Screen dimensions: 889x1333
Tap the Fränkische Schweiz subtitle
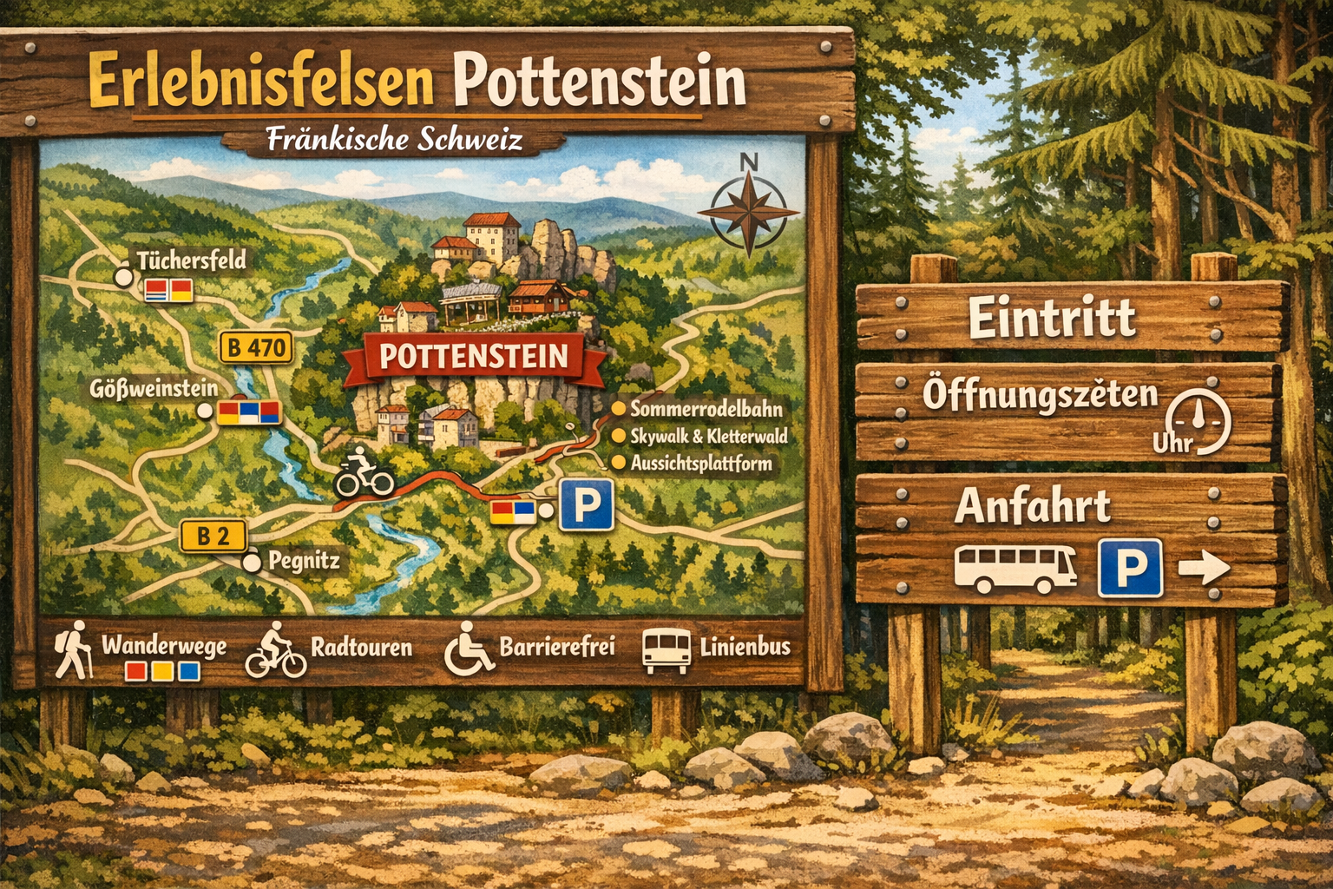click(395, 139)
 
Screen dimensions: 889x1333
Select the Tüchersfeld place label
click(191, 260)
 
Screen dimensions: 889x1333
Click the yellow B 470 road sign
click(255, 348)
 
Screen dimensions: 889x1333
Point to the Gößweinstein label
click(154, 388)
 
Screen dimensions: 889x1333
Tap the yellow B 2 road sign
click(213, 536)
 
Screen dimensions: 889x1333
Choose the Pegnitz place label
click(303, 561)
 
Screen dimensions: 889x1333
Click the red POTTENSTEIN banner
click(474, 357)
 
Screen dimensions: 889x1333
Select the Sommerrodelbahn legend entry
click(706, 409)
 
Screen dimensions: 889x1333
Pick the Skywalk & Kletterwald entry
click(708, 436)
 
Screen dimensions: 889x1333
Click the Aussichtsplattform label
click(700, 464)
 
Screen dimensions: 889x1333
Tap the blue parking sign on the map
click(586, 504)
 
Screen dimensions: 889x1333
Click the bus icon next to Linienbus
click(666, 649)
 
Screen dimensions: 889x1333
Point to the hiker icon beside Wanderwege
click(73, 649)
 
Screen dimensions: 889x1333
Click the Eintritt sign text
click(1051, 318)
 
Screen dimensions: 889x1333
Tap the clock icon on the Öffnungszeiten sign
click(1198, 420)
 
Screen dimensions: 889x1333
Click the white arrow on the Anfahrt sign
click(1204, 570)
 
